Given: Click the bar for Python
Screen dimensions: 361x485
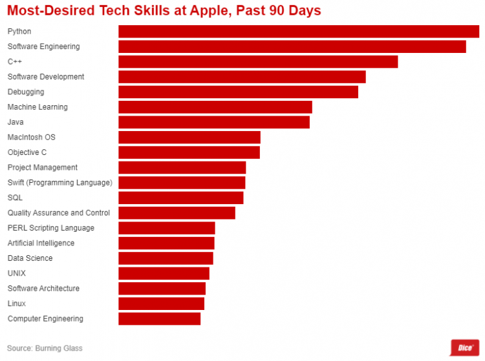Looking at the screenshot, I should click(298, 32).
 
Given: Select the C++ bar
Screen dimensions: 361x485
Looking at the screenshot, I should click(257, 62).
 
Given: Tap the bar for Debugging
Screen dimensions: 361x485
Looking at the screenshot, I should click(238, 92).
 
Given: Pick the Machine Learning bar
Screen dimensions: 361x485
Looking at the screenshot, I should click(215, 107).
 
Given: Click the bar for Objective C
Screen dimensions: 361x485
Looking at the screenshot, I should click(189, 152).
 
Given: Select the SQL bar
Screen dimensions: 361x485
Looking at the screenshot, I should click(180, 198).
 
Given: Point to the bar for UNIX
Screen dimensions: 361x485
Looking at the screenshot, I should click(164, 273).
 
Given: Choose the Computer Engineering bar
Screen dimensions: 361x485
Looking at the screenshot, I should click(159, 318).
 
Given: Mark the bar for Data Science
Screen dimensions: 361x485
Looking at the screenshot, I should click(166, 258).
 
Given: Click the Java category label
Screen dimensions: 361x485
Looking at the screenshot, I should click(16, 122).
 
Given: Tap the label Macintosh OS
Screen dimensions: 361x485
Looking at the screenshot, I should click(31, 138).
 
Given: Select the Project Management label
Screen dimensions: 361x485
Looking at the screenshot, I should click(42, 168).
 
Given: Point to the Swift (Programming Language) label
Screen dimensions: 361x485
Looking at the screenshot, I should click(59, 183).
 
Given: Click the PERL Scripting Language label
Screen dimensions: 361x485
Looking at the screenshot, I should click(50, 228).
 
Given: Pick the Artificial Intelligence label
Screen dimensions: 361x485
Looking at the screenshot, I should click(41, 243).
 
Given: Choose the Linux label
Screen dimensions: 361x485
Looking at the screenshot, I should click(17, 304).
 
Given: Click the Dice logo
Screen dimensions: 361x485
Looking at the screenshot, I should click(464, 347).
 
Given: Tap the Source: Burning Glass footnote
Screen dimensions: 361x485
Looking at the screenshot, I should click(45, 349).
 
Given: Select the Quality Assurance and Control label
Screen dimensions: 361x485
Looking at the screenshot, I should click(58, 213).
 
